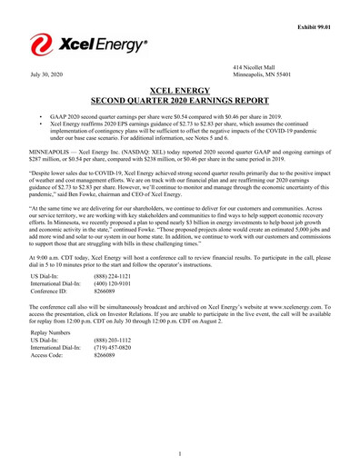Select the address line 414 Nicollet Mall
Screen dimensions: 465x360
point(257,68)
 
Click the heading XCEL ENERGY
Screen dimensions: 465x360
point(179,91)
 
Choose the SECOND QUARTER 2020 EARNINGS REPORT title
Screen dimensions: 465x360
point(179,103)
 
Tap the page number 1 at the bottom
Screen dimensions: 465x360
point(179,452)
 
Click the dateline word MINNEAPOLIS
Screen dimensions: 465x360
point(52,152)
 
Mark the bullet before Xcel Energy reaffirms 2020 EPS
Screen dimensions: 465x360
point(41,126)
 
